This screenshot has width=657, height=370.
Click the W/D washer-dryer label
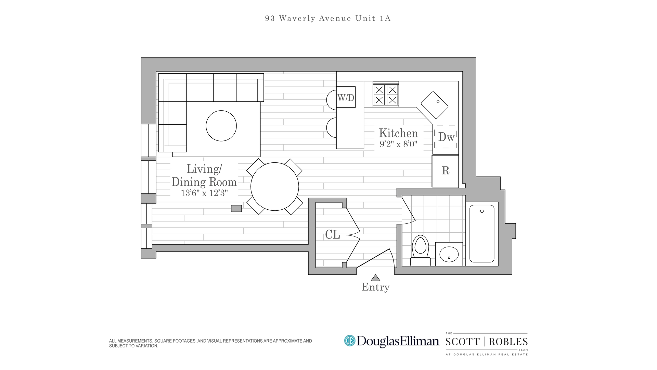346,98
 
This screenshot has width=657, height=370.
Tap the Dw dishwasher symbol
446,137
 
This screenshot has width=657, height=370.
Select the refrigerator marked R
445,171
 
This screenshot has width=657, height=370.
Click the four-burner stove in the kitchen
386,95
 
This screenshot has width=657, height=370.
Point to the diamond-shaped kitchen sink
434,105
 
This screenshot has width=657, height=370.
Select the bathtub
482,234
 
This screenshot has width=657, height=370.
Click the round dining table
274,187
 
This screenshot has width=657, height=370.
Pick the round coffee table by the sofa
221,126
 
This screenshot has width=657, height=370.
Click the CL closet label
332,235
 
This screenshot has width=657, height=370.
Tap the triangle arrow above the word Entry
375,278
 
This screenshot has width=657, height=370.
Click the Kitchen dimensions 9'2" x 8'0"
398,144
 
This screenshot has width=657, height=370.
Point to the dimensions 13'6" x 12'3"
204,193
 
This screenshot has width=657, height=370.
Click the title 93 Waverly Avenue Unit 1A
327,18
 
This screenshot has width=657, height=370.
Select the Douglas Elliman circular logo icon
350,341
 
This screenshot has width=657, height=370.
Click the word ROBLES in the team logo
508,342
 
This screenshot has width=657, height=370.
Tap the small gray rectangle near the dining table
236,208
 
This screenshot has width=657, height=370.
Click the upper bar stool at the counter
332,100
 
